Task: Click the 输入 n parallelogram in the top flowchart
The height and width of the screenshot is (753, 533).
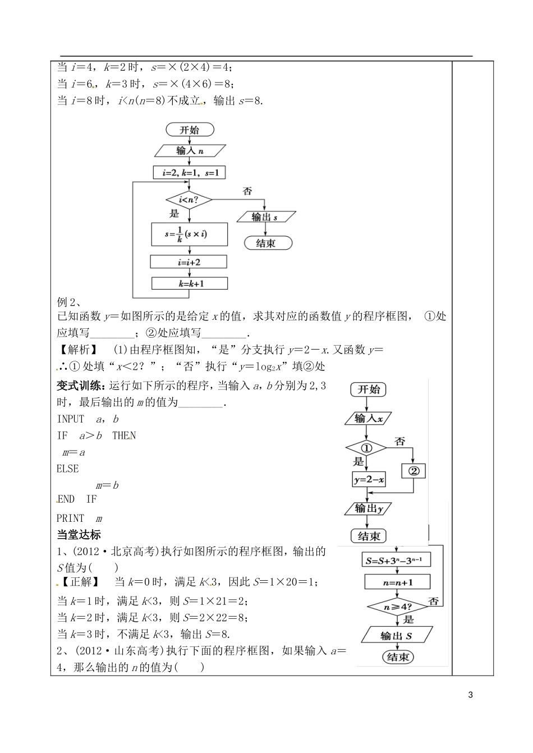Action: click(190, 150)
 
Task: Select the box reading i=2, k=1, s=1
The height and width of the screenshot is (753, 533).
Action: click(190, 173)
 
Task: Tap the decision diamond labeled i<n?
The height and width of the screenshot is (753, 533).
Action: click(189, 199)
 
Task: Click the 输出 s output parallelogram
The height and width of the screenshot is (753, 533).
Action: click(265, 217)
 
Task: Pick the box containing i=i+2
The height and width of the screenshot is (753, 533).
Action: click(189, 262)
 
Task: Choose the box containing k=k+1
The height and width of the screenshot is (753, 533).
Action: click(189, 283)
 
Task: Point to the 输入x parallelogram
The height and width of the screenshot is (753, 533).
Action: click(369, 418)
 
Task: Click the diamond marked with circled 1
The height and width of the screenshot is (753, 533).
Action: click(366, 448)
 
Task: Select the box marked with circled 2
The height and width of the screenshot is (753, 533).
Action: click(413, 471)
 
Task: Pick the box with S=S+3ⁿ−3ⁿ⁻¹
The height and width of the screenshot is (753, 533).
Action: click(397, 560)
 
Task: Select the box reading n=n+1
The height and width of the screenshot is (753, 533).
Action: click(397, 582)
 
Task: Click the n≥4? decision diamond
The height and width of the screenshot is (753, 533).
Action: click(397, 607)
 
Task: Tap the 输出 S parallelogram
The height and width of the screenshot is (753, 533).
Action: click(397, 635)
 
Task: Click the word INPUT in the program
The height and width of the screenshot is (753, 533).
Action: click(71, 419)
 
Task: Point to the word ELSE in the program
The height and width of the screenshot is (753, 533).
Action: click(68, 469)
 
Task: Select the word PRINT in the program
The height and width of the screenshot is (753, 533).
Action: click(71, 518)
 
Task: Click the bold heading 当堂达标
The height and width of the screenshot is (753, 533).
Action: click(79, 534)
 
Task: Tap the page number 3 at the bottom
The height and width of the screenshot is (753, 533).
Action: click(471, 695)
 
